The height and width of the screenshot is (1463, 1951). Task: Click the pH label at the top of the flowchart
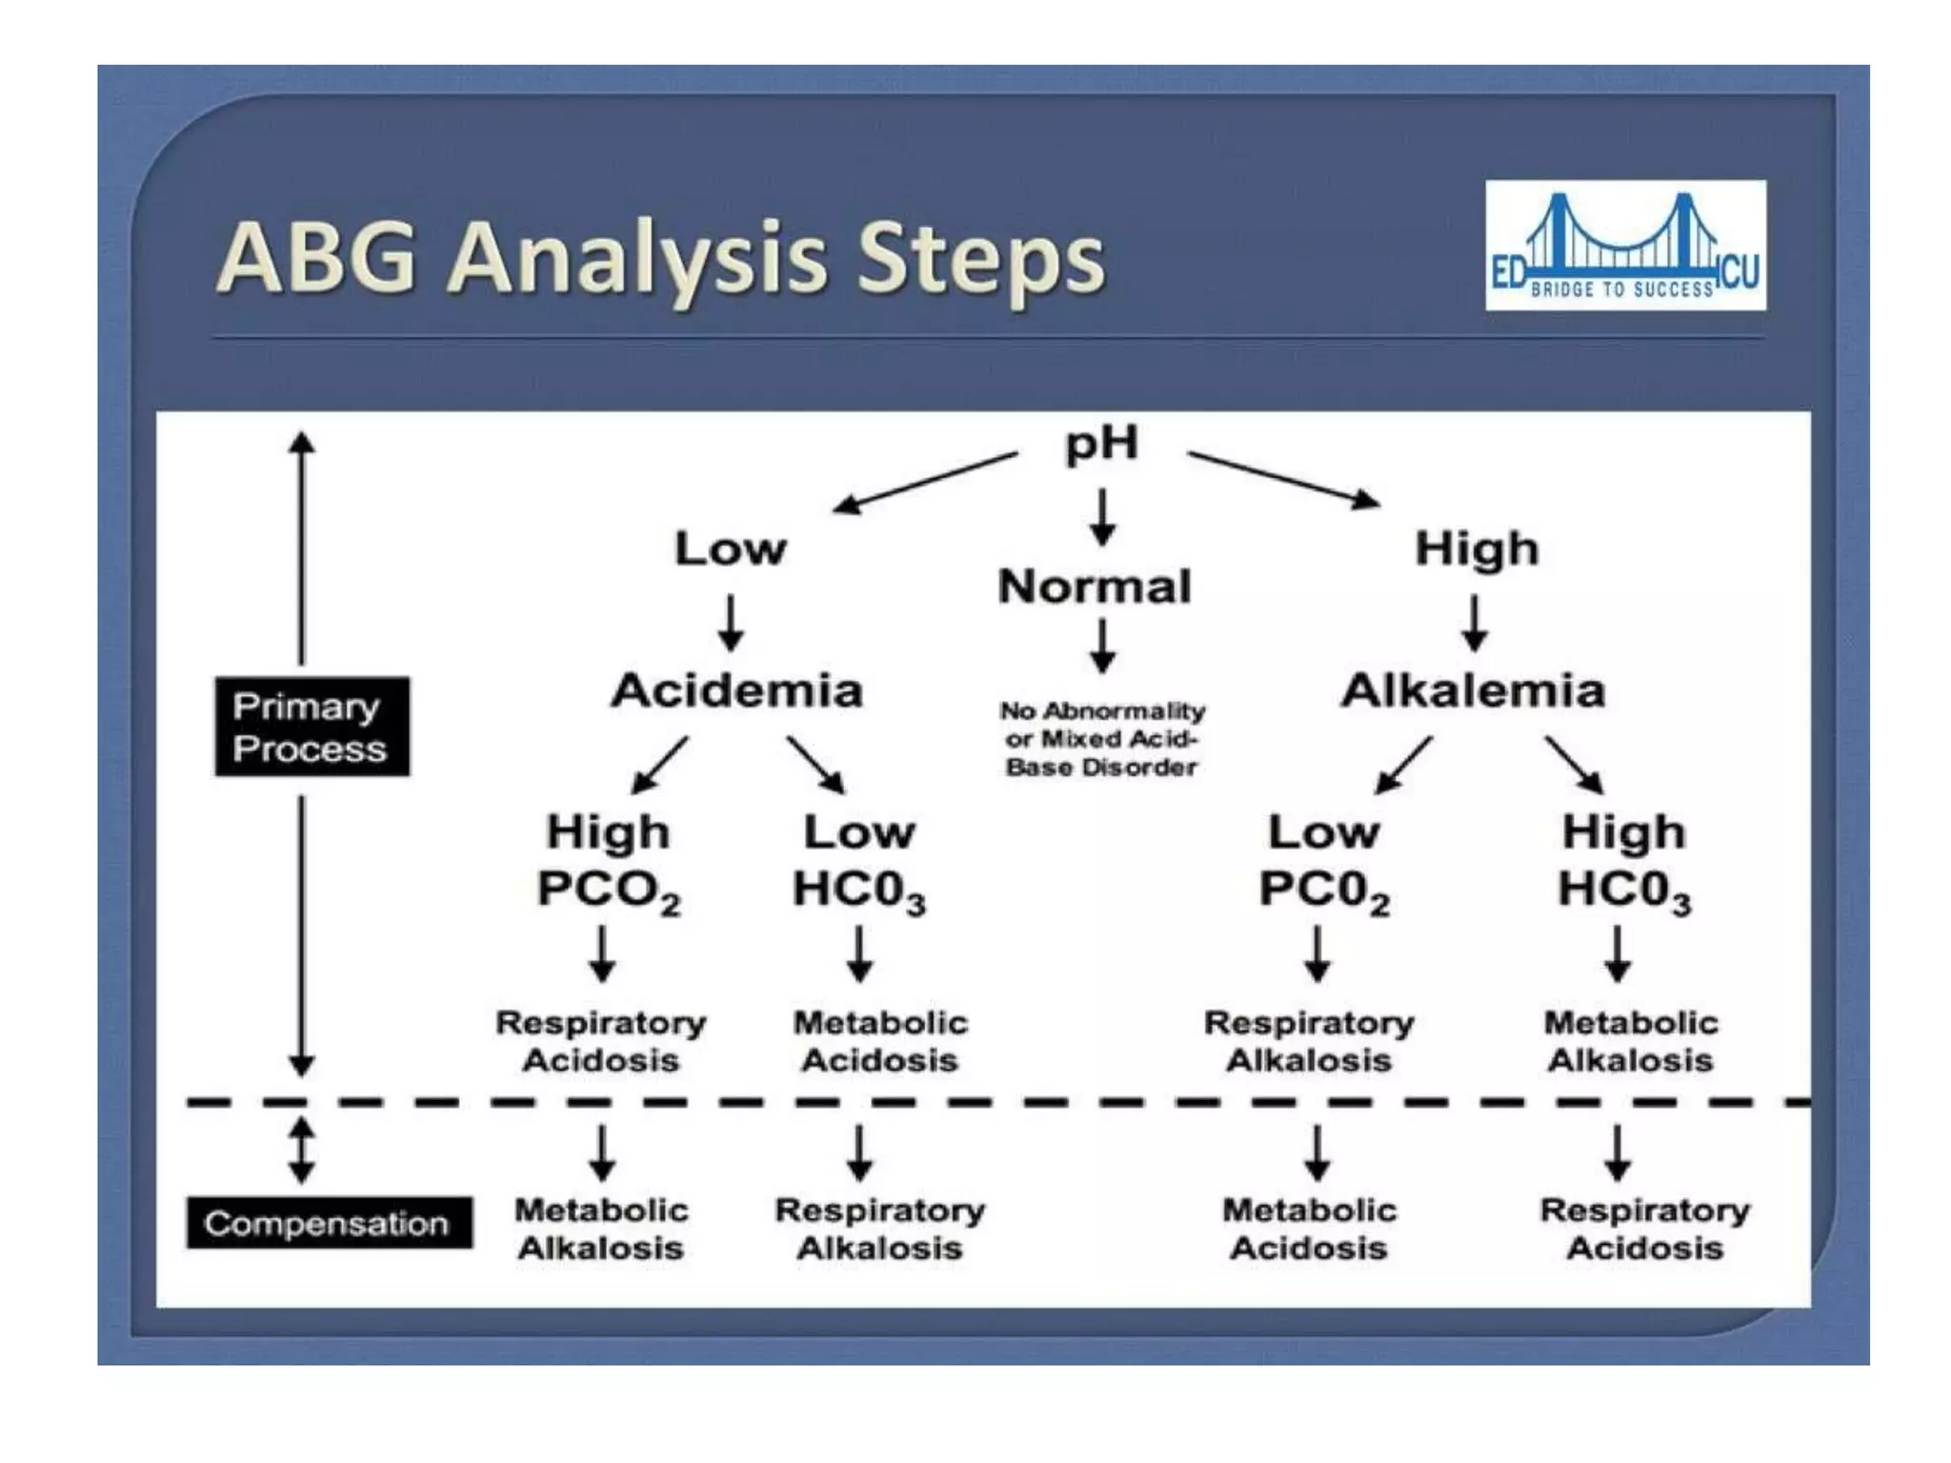click(x=1101, y=445)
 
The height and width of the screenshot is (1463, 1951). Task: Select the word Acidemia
click(x=736, y=691)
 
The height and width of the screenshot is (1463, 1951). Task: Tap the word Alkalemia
click(x=1473, y=691)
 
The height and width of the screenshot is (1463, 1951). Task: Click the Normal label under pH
click(x=1095, y=587)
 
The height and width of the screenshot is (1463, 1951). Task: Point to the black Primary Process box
click(x=312, y=727)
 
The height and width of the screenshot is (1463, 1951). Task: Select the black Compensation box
click(x=329, y=1223)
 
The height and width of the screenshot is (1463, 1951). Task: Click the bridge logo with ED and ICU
click(x=1625, y=245)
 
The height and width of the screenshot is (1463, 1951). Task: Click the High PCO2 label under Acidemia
click(x=608, y=861)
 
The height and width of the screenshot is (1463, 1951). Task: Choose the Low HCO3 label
click(x=858, y=861)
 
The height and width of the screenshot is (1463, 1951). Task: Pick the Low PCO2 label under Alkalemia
click(x=1323, y=861)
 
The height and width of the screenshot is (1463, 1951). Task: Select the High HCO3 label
click(x=1623, y=861)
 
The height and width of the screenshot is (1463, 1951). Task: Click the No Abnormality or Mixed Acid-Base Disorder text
click(x=1101, y=739)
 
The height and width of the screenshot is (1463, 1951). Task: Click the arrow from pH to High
click(x=1283, y=479)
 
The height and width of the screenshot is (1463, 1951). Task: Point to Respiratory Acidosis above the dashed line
click(x=600, y=1041)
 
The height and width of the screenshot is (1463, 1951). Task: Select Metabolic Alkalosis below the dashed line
click(x=600, y=1229)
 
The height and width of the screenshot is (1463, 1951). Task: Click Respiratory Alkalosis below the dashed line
click(x=879, y=1229)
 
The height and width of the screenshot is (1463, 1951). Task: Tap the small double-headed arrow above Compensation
click(x=302, y=1150)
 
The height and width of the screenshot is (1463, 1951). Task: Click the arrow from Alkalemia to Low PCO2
click(x=1404, y=764)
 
